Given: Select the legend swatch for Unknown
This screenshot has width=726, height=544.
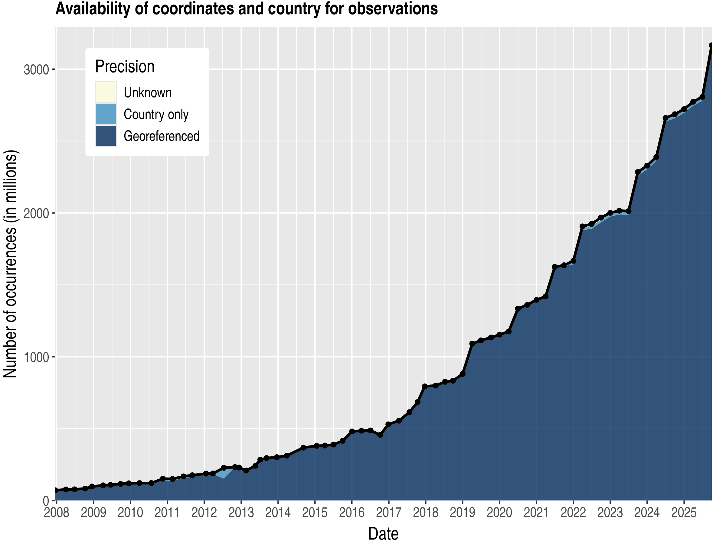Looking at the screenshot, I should pyautogui.click(x=106, y=92).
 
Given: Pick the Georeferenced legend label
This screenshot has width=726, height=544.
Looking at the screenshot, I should pyautogui.click(x=162, y=136).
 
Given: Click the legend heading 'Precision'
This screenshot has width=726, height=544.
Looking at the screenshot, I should pyautogui.click(x=125, y=66).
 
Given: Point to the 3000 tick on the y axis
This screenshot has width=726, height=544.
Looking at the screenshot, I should pyautogui.click(x=36, y=70).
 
